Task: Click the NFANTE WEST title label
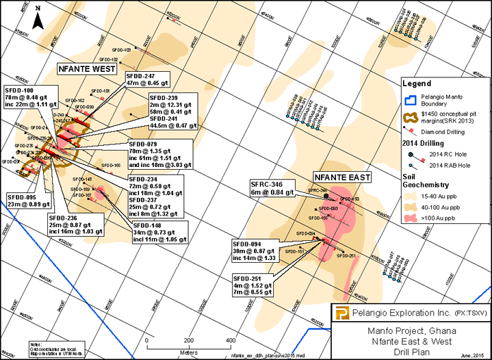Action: pyautogui.click(x=85, y=68)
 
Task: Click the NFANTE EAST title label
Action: pyautogui.click(x=341, y=177)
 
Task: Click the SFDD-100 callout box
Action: pyautogui.click(x=29, y=97)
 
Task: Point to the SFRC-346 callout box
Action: pyautogui.click(x=274, y=189)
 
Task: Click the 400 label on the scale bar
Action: pyautogui.click(x=231, y=340)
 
